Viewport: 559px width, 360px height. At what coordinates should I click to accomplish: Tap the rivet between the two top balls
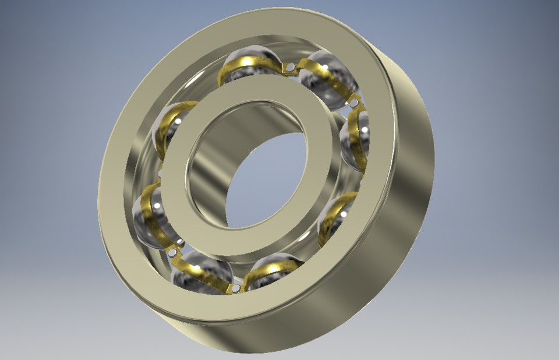click(289, 68)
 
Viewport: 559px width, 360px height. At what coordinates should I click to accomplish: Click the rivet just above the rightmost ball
click(353, 103)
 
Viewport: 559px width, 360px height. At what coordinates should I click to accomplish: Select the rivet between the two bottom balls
click(235, 288)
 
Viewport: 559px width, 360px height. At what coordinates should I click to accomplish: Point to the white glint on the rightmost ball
click(363, 129)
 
